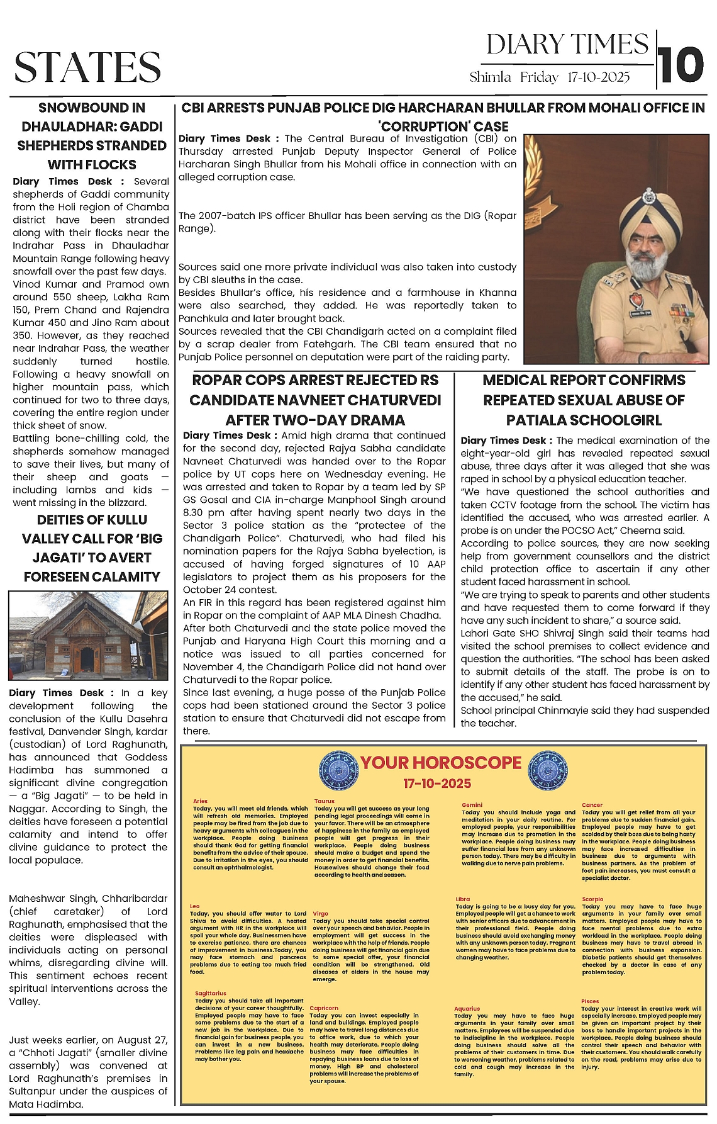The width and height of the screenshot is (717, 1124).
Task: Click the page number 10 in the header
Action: [682, 65]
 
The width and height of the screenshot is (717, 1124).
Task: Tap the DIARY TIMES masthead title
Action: [567, 45]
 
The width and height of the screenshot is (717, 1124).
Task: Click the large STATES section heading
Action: [87, 67]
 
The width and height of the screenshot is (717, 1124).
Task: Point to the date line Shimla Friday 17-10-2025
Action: [549, 77]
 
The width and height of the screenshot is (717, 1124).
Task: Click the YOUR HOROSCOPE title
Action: [441, 763]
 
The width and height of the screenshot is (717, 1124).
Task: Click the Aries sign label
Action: [200, 801]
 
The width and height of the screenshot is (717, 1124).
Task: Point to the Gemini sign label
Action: [472, 805]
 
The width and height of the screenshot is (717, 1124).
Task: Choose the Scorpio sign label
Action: [592, 899]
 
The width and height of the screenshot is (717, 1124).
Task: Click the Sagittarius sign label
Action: [210, 993]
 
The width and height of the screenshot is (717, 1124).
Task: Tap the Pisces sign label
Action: [590, 1001]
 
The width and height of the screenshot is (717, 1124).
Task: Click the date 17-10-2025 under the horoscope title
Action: [437, 784]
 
